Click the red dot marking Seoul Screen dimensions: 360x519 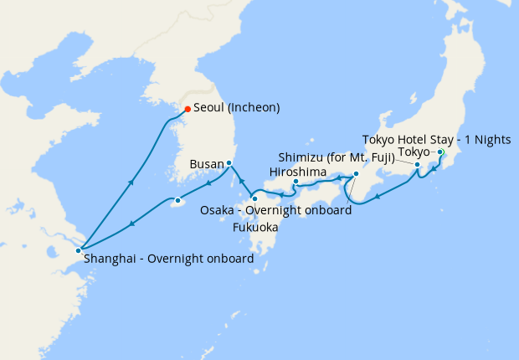pyautogui.click(x=188, y=109)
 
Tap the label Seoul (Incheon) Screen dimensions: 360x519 pyautogui.click(x=236, y=108)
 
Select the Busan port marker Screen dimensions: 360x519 pyautogui.click(x=229, y=163)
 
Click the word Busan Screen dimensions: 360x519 pyautogui.click(x=207, y=164)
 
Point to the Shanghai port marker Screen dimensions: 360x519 pyautogui.click(x=79, y=250)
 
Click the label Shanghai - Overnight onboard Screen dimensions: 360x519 pyautogui.click(x=168, y=260)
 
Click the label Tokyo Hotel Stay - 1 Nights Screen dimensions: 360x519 pyautogui.click(x=442, y=139)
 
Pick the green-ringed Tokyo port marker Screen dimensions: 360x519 pyautogui.click(x=440, y=152)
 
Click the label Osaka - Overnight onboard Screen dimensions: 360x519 pyautogui.click(x=275, y=210)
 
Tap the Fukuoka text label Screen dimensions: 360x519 pyautogui.click(x=255, y=227)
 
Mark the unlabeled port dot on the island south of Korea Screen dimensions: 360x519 pyautogui.click(x=177, y=201)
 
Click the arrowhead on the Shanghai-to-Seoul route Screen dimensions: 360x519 pyautogui.click(x=131, y=180)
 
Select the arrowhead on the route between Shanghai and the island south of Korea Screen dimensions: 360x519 pyautogui.click(x=131, y=224)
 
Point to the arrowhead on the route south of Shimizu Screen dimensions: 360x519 pyautogui.click(x=378, y=198)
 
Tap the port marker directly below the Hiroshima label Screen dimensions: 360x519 pyautogui.click(x=295, y=182)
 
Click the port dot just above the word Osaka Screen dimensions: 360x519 pyautogui.click(x=254, y=198)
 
